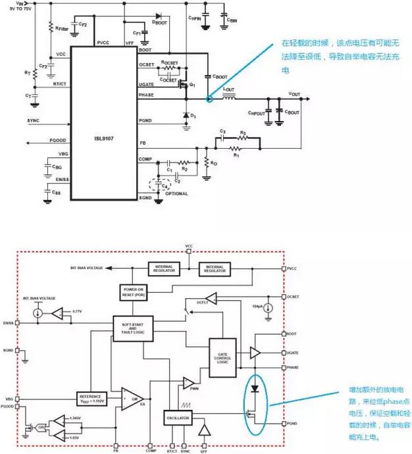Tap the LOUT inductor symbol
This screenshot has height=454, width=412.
tap(230, 99)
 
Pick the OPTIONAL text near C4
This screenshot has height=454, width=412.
tap(176, 193)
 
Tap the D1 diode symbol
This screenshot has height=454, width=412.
tap(186, 115)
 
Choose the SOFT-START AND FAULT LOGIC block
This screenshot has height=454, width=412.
tap(134, 330)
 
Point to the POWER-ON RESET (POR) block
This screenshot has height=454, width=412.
tap(134, 291)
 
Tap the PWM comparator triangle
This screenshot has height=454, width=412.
tap(188, 382)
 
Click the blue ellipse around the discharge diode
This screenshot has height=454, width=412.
tap(253, 405)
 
